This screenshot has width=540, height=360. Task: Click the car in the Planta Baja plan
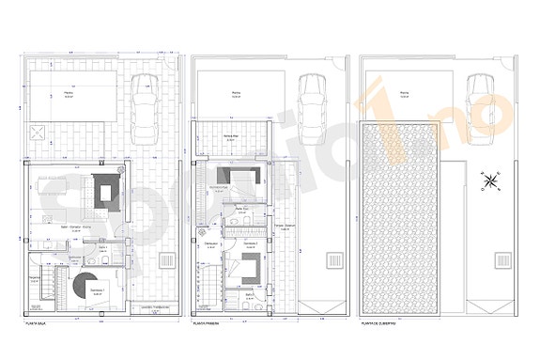tap(147, 105)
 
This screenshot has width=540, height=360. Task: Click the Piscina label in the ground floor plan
tap(69, 94)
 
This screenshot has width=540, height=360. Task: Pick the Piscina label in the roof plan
tap(404, 94)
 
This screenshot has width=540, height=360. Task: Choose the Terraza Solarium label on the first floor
tap(285, 227)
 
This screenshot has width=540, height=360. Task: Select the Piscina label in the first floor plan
tap(235, 94)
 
